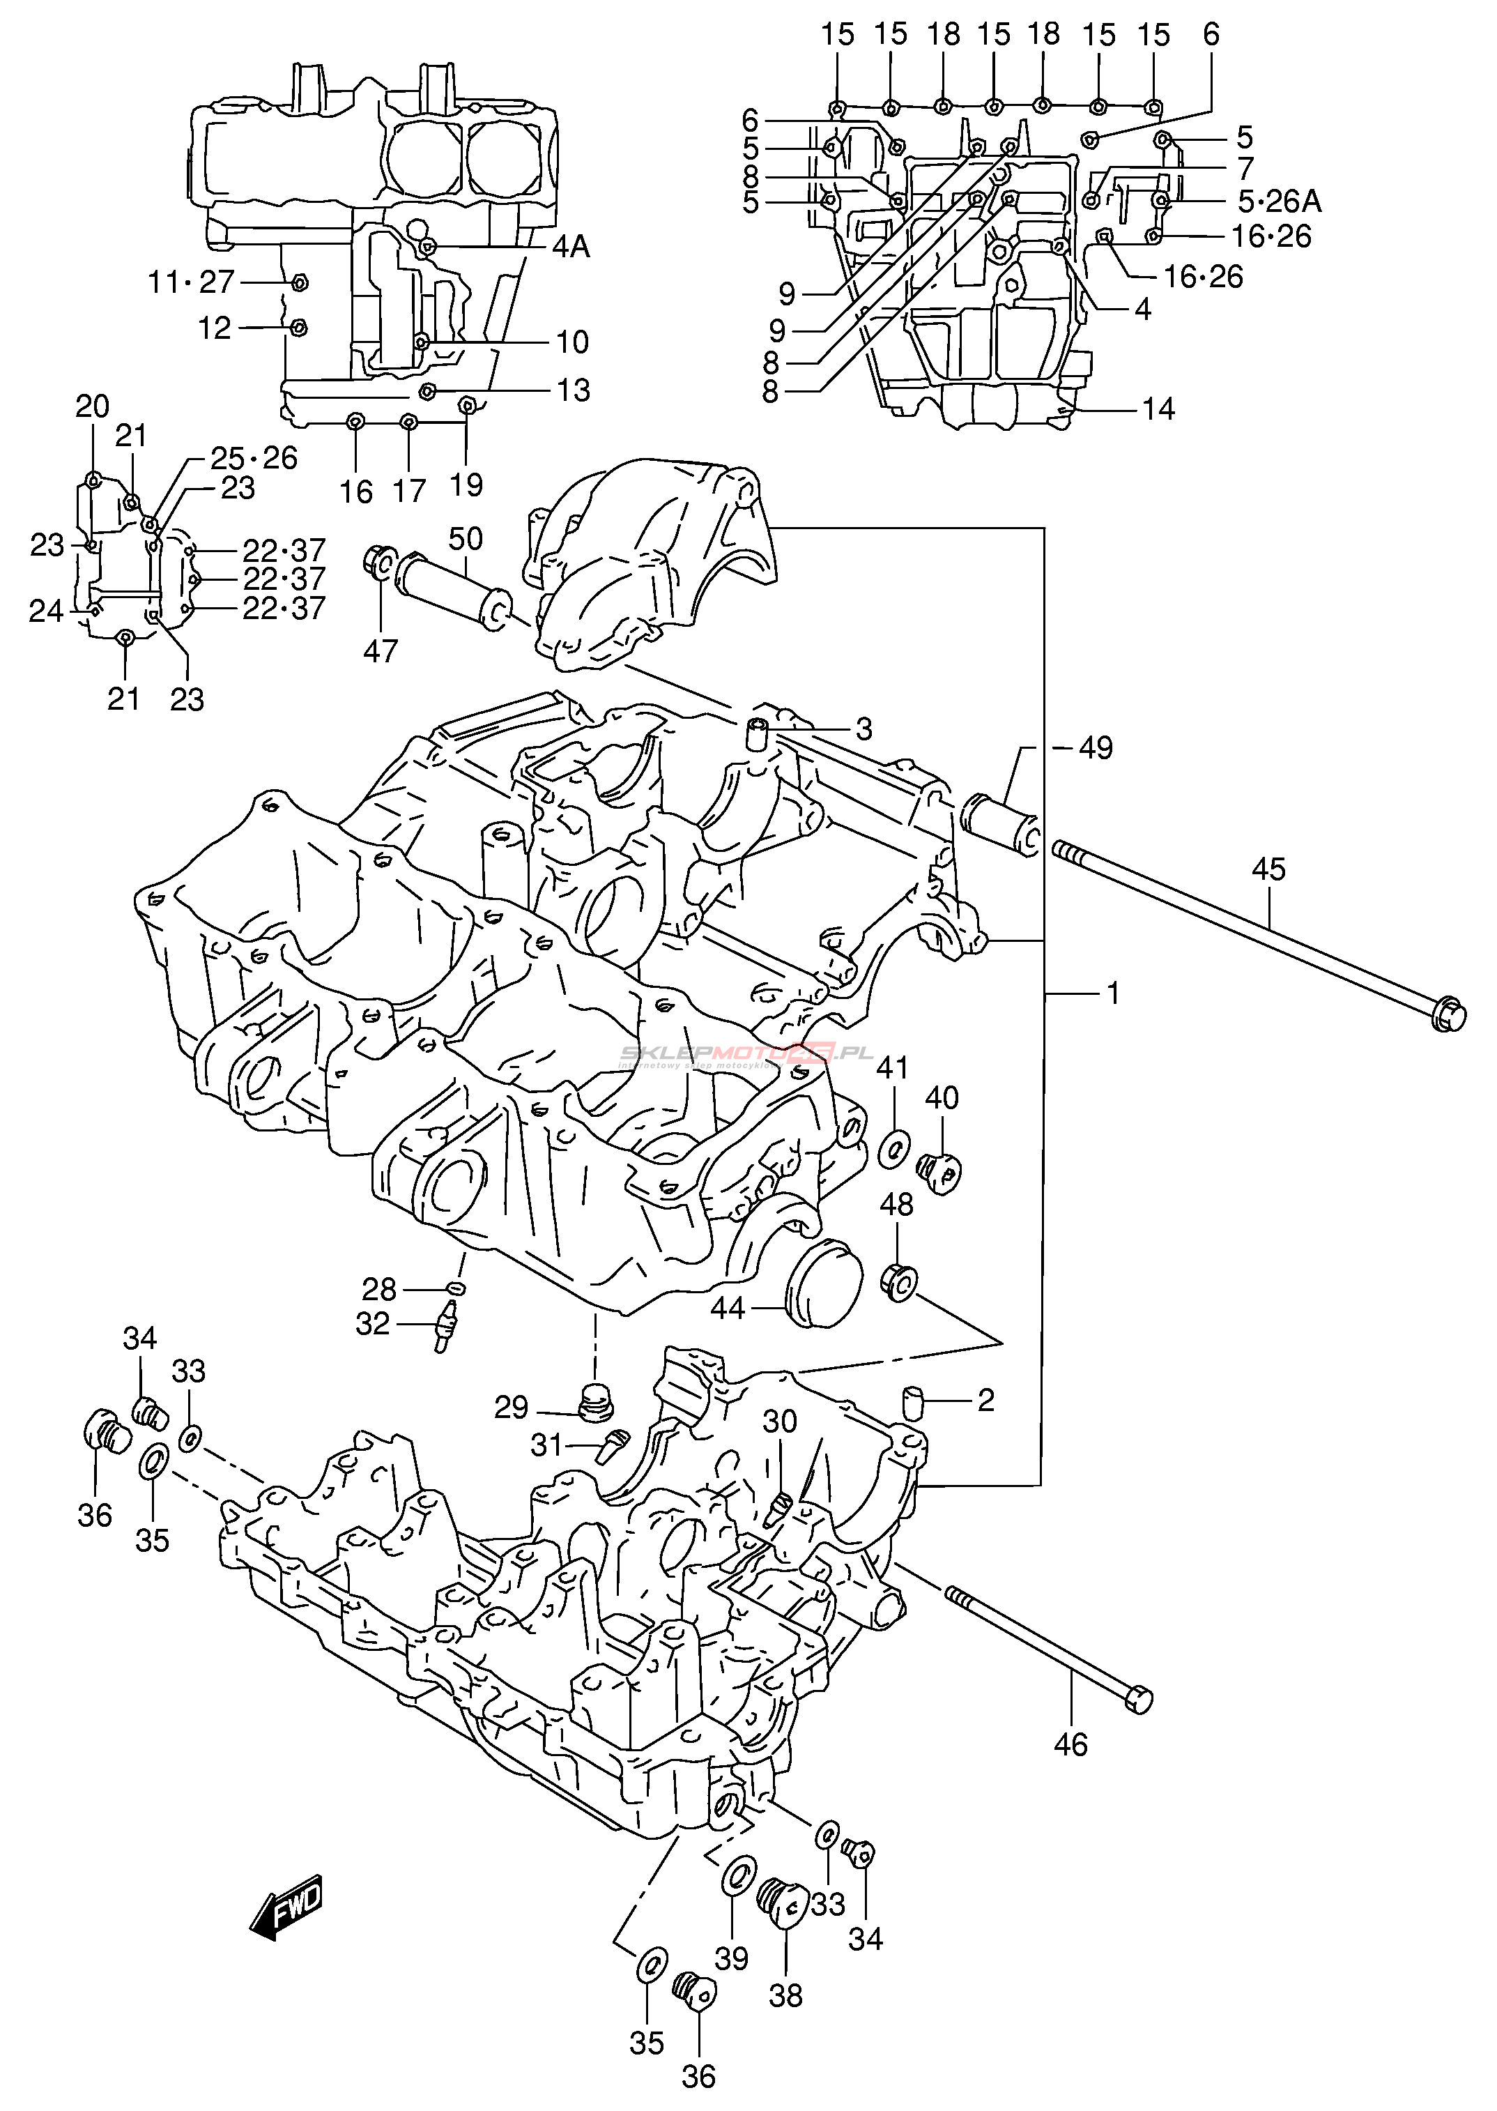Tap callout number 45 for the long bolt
tap(1268, 869)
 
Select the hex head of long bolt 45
tap(1448, 1014)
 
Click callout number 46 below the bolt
tap(1070, 1745)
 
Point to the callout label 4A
tap(571, 247)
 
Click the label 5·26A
tap(1279, 201)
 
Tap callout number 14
tap(1159, 409)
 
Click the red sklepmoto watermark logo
tap(746, 1053)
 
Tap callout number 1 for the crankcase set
tap(1114, 993)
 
